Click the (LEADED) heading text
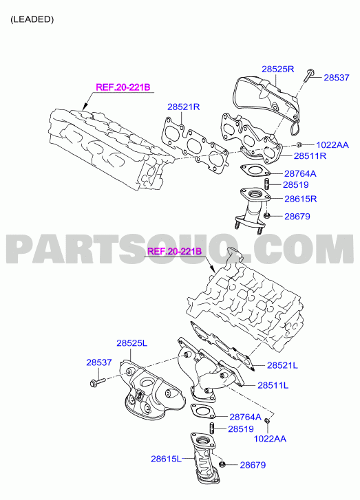(x=32, y=19)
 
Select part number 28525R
(x=277, y=69)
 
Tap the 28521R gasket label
(x=184, y=107)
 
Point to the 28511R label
(x=310, y=156)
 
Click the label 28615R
(x=301, y=199)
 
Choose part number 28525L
(x=131, y=343)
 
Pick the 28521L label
(x=282, y=365)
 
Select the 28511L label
(x=273, y=386)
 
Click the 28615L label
(x=167, y=459)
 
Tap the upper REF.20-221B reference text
(x=123, y=87)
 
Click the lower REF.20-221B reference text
(x=175, y=252)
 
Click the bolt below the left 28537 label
(x=98, y=381)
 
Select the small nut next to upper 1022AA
(x=299, y=145)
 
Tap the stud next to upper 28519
(x=268, y=184)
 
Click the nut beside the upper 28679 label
(x=268, y=216)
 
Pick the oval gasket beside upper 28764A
(x=255, y=171)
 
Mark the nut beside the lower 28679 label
(x=223, y=464)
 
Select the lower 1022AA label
(x=270, y=439)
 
